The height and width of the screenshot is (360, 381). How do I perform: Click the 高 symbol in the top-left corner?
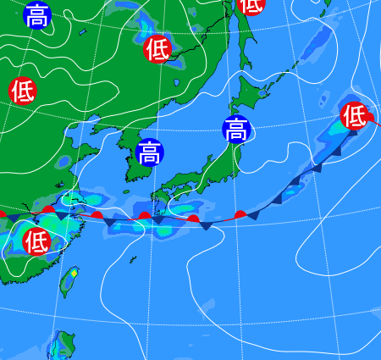36,15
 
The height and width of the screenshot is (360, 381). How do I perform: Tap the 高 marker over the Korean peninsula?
149,153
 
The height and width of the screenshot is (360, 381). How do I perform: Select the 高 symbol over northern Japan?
236,130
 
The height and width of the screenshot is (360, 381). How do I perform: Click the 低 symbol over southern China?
36,241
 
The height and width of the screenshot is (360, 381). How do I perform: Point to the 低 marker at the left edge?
23,90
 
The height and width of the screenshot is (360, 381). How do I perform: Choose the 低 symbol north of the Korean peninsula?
157,49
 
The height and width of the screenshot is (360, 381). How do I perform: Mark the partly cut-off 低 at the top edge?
251,5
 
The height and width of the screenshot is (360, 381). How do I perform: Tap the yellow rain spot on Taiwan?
74,273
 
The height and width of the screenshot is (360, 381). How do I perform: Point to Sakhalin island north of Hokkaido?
246,42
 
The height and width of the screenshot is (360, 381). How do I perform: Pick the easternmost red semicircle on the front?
240,214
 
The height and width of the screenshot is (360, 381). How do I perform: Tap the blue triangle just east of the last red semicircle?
252,217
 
